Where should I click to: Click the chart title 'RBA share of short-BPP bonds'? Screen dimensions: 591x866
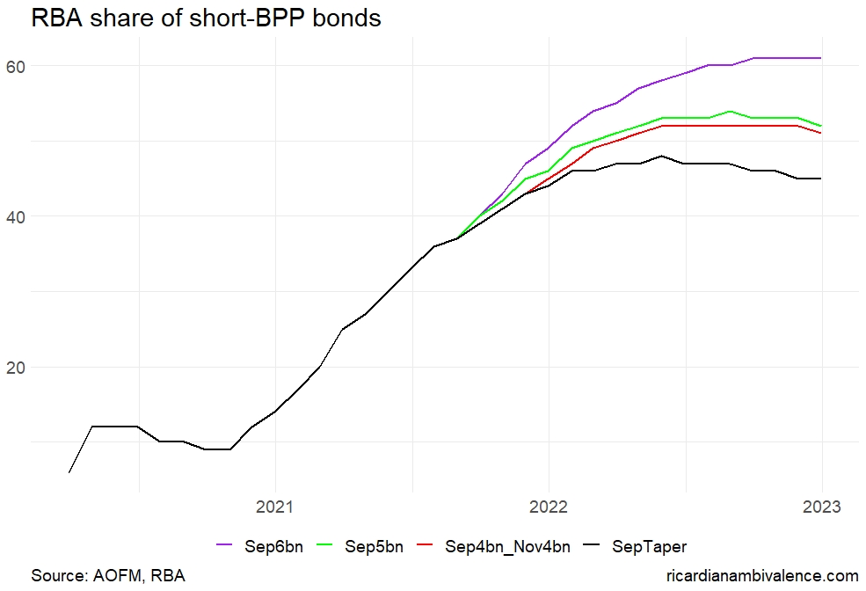(x=206, y=18)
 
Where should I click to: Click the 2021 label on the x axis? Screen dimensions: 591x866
(x=275, y=507)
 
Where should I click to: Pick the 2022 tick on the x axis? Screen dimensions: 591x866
(x=549, y=507)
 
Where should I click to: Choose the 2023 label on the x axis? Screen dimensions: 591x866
(x=821, y=507)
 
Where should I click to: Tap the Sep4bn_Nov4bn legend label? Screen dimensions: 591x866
(x=507, y=547)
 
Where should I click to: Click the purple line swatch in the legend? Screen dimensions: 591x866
(x=227, y=547)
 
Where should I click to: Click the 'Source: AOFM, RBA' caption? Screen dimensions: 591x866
(x=108, y=576)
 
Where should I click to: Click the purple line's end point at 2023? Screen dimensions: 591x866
(x=821, y=58)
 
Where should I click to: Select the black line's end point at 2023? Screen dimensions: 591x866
(x=821, y=179)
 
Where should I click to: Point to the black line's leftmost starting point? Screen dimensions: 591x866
(x=69, y=472)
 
